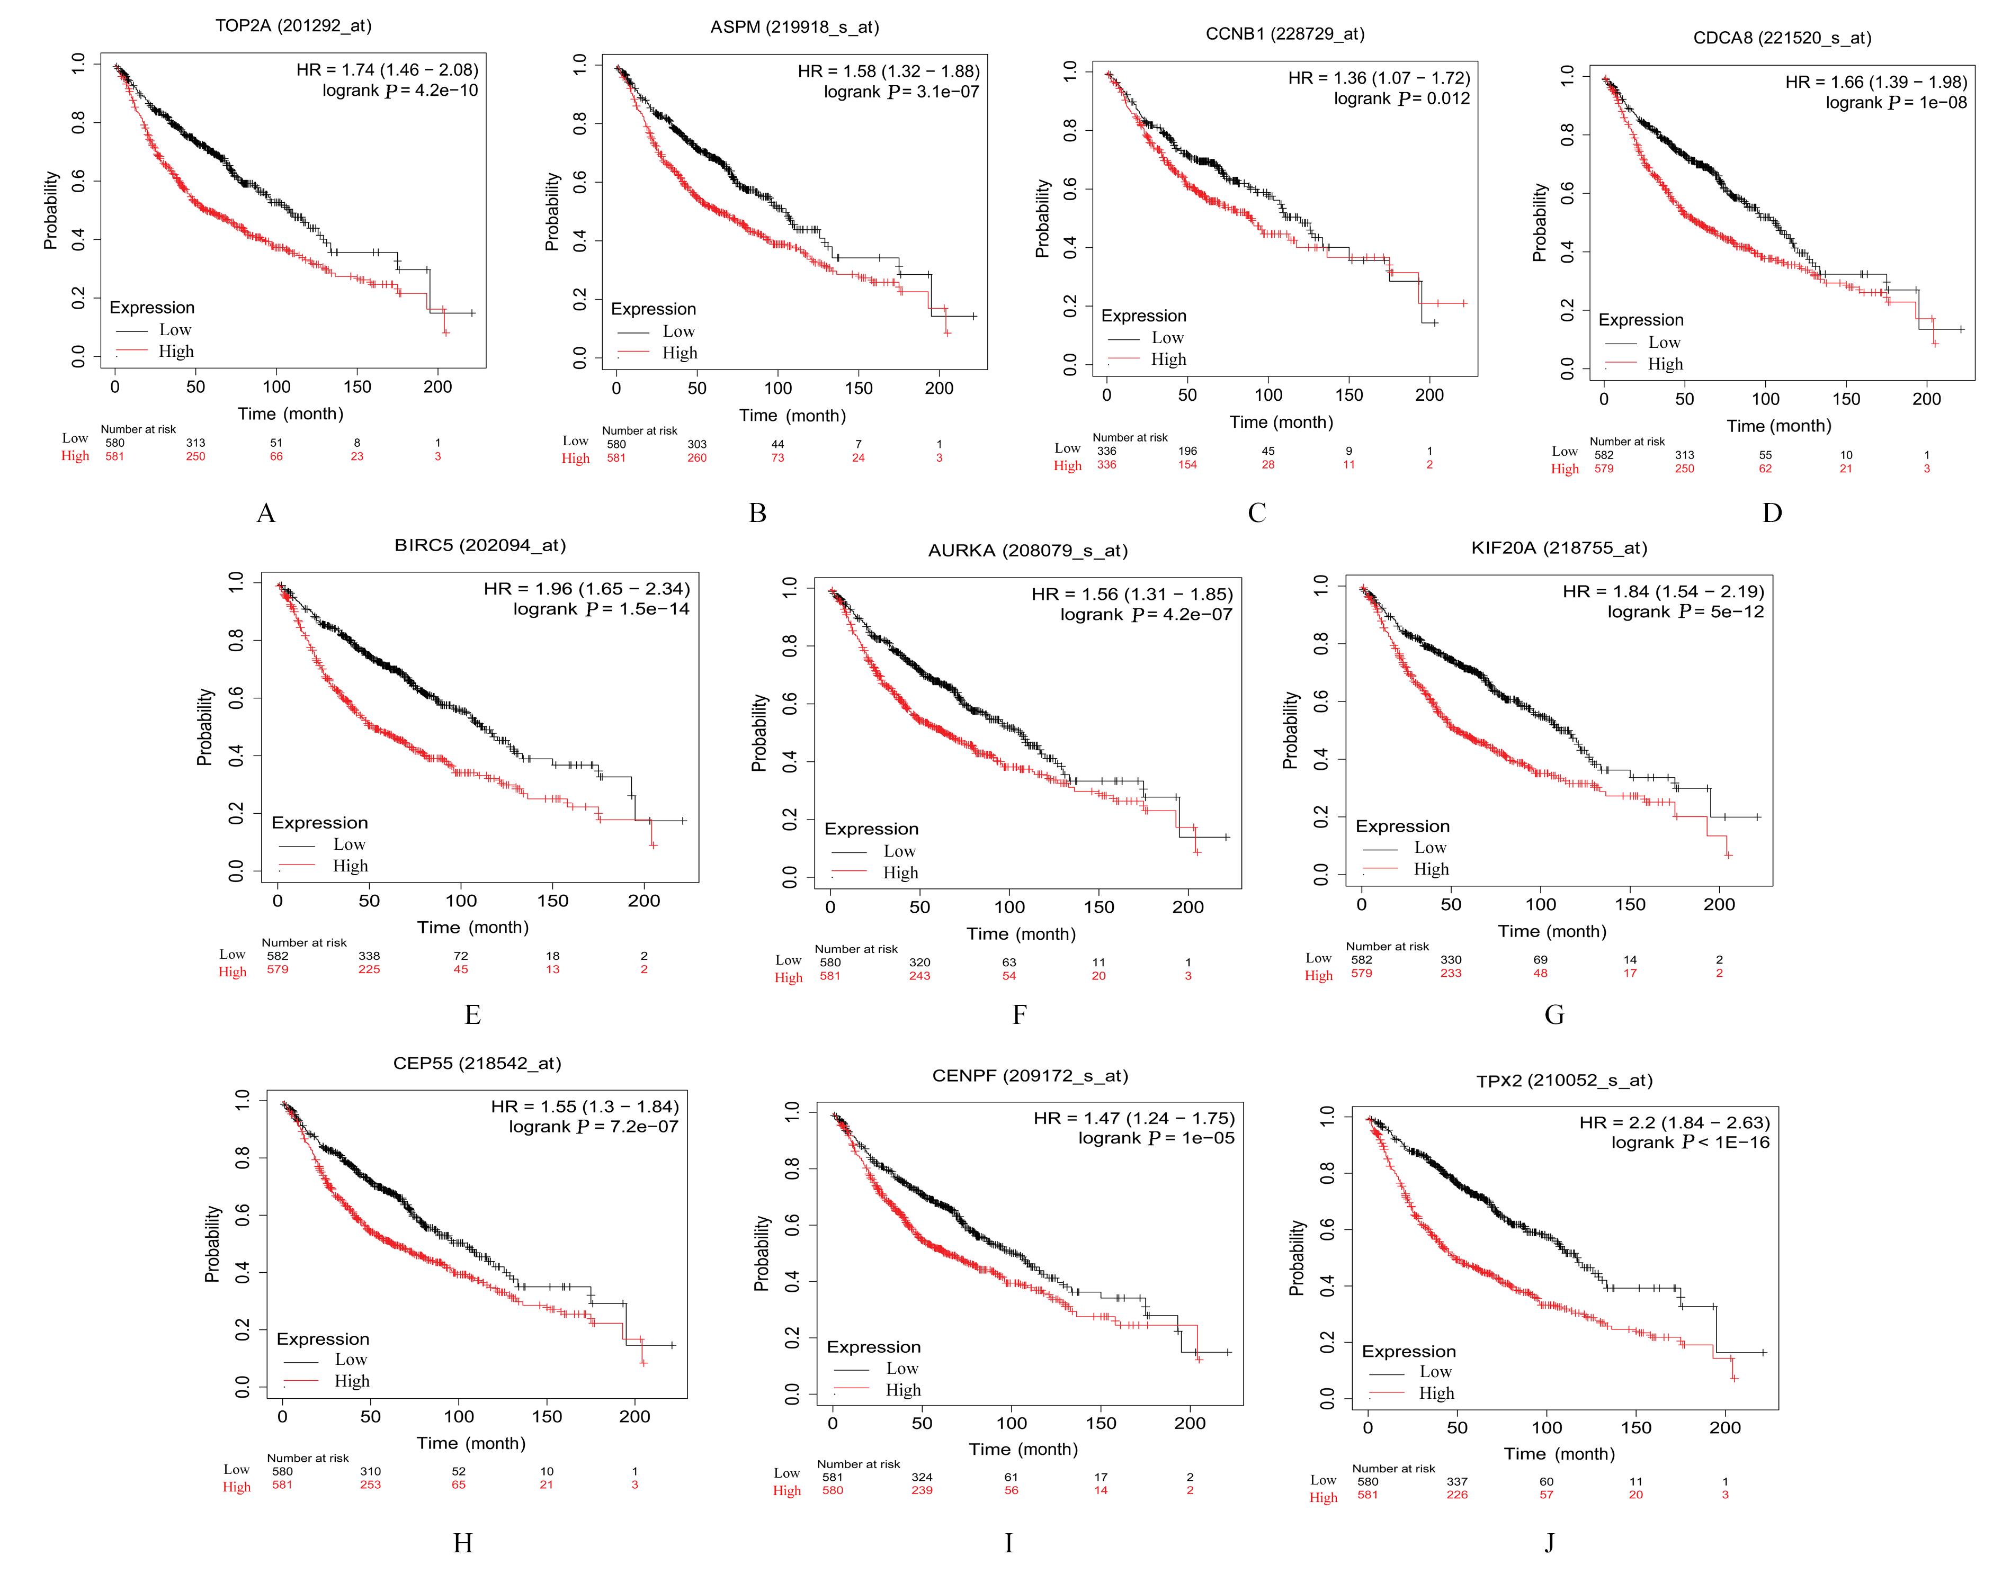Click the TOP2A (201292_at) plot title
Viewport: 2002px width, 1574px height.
pyautogui.click(x=293, y=26)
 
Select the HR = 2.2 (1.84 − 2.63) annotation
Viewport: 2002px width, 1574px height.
pyautogui.click(x=1674, y=1122)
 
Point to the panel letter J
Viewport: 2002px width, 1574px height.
pyautogui.click(x=1549, y=1542)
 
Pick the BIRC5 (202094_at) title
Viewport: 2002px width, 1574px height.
pyautogui.click(x=479, y=545)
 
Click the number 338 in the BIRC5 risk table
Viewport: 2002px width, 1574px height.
pyautogui.click(x=369, y=956)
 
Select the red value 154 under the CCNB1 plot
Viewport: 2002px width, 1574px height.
pyautogui.click(x=1187, y=464)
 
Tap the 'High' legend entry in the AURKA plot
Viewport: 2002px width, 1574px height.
pyautogui.click(x=900, y=873)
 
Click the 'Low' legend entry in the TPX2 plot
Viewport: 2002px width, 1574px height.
pyautogui.click(x=1435, y=1371)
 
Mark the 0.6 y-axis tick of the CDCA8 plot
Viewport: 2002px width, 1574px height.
pyautogui.click(x=1567, y=194)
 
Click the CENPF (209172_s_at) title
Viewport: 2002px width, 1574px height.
pyautogui.click(x=1030, y=1075)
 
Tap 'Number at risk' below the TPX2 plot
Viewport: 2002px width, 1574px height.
pyautogui.click(x=1393, y=1468)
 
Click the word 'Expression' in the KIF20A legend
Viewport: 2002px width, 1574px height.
pyautogui.click(x=1402, y=826)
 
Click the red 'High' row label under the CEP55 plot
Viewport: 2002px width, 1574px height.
pyautogui.click(x=236, y=1487)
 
